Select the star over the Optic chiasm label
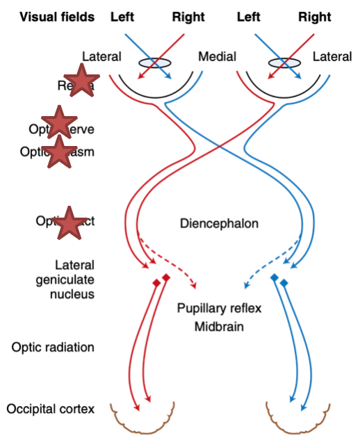coord(60,152)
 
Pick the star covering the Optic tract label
coord(69,222)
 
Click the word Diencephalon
coord(219,224)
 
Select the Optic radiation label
coord(51,347)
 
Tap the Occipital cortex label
coord(50,408)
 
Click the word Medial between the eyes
coord(217,56)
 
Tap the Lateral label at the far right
coord(332,56)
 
